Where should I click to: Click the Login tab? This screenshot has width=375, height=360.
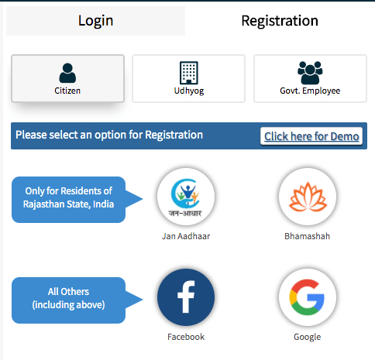[95, 21]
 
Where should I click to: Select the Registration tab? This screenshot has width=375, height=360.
[280, 21]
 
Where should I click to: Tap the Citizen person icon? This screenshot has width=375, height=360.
[67, 73]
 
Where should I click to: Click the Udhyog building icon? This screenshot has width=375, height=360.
[189, 73]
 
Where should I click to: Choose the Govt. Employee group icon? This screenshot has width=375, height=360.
[310, 73]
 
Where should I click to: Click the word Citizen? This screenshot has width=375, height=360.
[67, 91]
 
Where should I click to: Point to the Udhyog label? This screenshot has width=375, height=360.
[189, 91]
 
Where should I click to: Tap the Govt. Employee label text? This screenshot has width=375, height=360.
[310, 91]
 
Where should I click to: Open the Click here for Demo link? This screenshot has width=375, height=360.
[311, 136]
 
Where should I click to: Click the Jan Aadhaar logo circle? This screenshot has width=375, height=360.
[186, 197]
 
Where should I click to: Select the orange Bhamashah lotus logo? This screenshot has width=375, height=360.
[308, 197]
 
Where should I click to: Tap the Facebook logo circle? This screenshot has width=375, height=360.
[186, 297]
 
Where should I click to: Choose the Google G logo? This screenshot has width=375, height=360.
[307, 297]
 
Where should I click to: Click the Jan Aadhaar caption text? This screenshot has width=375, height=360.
[186, 236]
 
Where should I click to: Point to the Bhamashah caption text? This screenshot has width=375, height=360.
[308, 236]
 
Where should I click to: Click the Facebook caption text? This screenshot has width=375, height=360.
[186, 337]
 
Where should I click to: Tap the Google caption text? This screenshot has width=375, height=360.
[308, 337]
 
